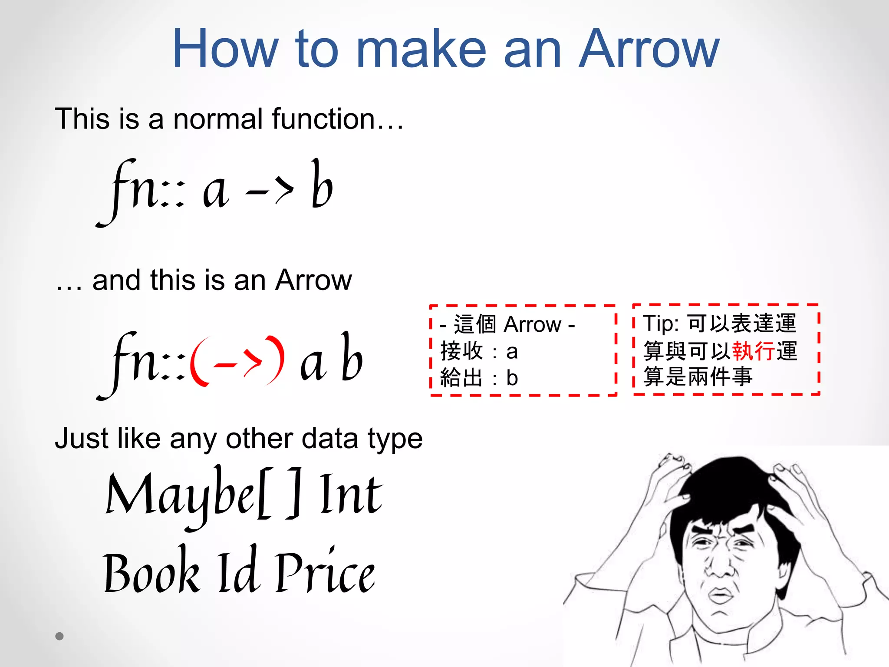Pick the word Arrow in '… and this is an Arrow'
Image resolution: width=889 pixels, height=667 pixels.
(x=313, y=280)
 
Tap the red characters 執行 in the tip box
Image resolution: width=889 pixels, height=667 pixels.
(x=753, y=351)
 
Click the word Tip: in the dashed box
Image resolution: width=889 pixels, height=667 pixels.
(x=661, y=324)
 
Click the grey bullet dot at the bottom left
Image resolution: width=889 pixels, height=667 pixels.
(x=59, y=636)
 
